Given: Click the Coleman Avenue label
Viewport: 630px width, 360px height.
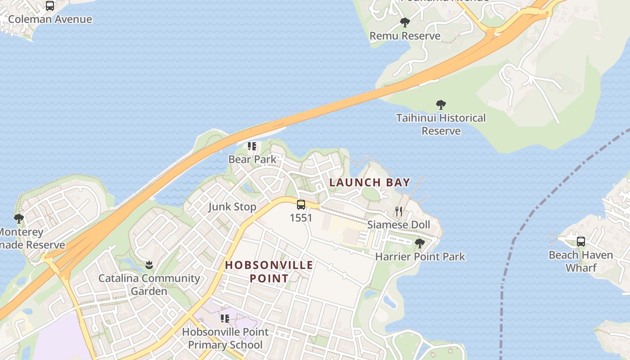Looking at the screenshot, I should click(50, 19).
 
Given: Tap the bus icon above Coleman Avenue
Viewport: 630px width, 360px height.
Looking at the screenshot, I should click(50, 6).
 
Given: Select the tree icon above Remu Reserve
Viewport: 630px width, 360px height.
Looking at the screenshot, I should click(405, 22).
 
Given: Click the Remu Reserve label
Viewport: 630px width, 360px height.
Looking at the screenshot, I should click(405, 36).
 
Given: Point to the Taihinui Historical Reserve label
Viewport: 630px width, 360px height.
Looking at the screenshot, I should click(441, 124).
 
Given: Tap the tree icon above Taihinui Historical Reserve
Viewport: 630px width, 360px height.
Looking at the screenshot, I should click(441, 105).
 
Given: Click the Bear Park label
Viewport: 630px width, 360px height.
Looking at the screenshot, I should click(252, 159).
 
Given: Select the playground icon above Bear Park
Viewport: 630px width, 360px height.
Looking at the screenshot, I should click(252, 146).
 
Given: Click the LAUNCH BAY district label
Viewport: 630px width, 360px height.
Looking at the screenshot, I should click(370, 182).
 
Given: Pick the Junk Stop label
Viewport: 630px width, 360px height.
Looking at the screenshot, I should click(232, 207).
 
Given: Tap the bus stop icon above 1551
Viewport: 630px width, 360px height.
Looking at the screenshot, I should click(301, 205).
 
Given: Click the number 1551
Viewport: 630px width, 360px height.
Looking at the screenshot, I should click(301, 218).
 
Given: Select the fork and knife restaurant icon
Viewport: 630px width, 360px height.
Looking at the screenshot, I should click(399, 211).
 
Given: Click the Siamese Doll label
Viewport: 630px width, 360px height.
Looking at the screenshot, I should click(399, 225).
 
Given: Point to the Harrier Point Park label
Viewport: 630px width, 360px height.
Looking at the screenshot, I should click(420, 257).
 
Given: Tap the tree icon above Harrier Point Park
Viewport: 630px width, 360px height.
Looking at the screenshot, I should click(420, 243).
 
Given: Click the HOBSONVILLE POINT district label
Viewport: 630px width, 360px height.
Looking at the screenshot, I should click(269, 271).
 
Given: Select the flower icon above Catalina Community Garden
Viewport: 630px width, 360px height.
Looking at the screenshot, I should click(149, 265).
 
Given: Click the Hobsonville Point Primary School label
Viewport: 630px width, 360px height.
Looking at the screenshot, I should click(225, 338).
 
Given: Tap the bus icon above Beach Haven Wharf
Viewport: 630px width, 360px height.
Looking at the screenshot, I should click(581, 242).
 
